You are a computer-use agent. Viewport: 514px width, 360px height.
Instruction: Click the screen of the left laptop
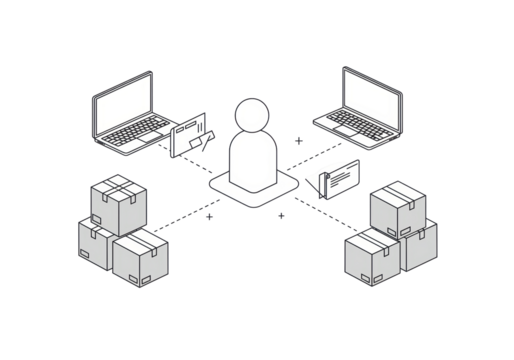(x=123, y=101)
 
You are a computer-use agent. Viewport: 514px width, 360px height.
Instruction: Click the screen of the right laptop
(x=372, y=96)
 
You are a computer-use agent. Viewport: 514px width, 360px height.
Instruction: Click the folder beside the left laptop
(x=192, y=135)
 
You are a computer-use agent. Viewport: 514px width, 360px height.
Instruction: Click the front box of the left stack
(x=140, y=258)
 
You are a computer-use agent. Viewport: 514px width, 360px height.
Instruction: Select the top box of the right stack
(x=398, y=209)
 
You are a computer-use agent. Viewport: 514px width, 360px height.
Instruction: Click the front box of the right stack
(x=372, y=257)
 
